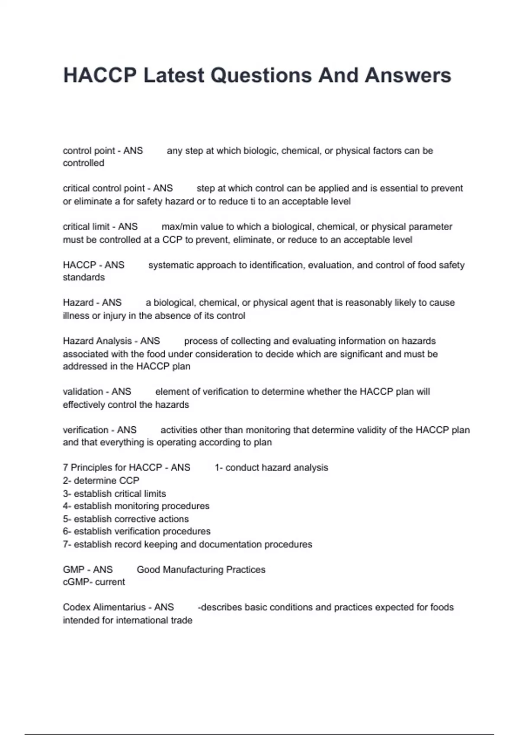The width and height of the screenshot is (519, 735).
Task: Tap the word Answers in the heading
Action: pyautogui.click(x=408, y=76)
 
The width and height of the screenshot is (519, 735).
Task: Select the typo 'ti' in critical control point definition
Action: pyautogui.click(x=253, y=201)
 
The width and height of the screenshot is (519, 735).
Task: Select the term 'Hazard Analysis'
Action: pyautogui.click(x=97, y=341)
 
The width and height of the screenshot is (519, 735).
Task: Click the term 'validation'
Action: pyautogui.click(x=82, y=392)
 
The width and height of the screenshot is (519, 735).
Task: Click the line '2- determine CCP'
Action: pyautogui.click(x=101, y=481)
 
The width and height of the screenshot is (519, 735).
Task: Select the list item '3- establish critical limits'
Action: pyautogui.click(x=114, y=494)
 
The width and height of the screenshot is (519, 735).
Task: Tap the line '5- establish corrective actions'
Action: pyautogui.click(x=125, y=519)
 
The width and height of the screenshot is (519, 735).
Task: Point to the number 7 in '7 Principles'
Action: pyautogui.click(x=65, y=468)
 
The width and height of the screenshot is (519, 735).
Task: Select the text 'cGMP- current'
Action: pyautogui.click(x=93, y=582)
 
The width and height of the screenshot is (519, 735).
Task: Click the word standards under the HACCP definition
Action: pyautogui.click(x=83, y=278)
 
